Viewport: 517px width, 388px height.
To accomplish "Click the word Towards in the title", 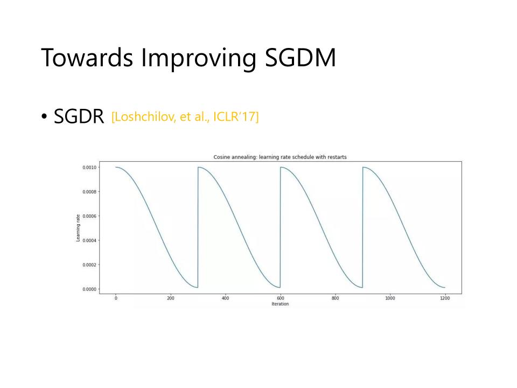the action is [87, 58].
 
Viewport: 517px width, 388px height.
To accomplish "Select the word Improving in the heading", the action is [199, 59].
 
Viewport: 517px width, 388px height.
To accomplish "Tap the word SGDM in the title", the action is [301, 58].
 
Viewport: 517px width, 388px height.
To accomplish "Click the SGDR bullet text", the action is [79, 116].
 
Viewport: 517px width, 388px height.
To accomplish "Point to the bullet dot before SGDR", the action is [44, 116].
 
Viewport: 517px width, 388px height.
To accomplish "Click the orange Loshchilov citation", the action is [185, 117].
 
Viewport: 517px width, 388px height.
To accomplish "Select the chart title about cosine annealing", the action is [280, 157].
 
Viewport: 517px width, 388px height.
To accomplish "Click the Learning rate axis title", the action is [78, 228].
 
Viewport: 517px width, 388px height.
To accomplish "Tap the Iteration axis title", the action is [280, 304].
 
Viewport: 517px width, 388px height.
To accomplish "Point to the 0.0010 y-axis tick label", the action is [89, 168].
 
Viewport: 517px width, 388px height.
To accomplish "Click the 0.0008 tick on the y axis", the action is [89, 192].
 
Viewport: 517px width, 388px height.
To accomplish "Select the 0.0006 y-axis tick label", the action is [89, 216].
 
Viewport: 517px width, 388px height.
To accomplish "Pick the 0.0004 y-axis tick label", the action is [89, 240].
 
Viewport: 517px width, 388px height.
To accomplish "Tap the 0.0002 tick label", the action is [89, 265].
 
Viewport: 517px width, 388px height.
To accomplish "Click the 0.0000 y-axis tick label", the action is [89, 289].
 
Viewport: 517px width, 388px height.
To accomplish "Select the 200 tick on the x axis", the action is [171, 298].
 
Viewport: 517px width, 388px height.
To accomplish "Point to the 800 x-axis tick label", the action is [335, 298].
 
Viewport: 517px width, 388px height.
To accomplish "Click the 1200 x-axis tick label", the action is [445, 298].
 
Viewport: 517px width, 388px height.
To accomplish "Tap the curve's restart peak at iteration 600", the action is [281, 167].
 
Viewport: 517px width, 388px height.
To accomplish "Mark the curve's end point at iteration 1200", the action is [445, 288].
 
